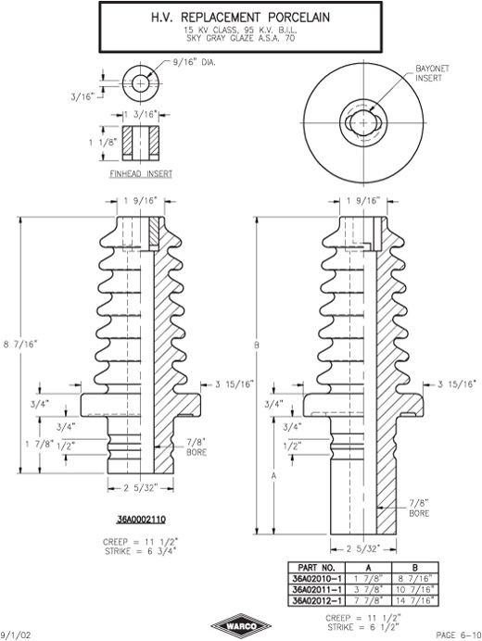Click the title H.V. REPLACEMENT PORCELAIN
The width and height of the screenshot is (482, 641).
pos(241,18)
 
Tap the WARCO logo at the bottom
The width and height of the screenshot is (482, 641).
pos(241,626)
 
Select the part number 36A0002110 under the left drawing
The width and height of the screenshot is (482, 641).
pos(141,520)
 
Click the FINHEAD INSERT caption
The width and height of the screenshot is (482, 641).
pos(141,174)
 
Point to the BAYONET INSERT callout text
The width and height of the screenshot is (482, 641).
pos(432,73)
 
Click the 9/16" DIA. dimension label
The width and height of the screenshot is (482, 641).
pos(194,63)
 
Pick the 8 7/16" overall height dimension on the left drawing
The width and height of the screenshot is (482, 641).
pos(19,345)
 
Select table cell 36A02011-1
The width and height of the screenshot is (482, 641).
pos(317,590)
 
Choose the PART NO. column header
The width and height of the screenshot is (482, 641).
pos(317,568)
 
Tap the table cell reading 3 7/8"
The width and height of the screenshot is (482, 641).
pos(369,590)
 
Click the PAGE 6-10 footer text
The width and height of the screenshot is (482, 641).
pos(458,635)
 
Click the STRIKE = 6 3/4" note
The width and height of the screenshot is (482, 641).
pos(141,551)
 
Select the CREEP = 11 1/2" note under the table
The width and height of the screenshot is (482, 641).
pos(363,618)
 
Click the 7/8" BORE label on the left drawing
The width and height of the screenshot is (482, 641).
pos(197,446)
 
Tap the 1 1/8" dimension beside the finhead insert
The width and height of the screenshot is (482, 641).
pos(103,143)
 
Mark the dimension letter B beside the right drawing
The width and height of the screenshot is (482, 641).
pos(257,345)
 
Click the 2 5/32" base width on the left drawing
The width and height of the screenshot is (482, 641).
pos(140,488)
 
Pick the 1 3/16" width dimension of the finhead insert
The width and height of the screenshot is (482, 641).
pos(141,115)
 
